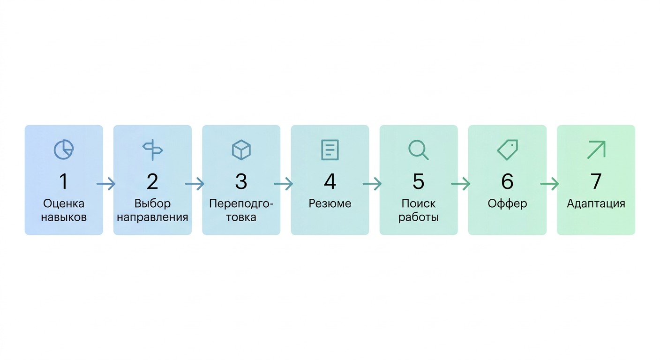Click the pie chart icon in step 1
[64, 150]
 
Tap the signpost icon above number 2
[152, 150]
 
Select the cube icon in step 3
[241, 150]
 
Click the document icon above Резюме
[330, 150]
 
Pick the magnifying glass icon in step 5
[419, 150]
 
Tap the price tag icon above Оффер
[507, 150]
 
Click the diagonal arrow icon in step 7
[596, 150]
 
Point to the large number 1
[64, 181]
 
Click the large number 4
[330, 181]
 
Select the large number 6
[507, 181]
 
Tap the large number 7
[596, 181]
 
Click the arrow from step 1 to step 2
[106, 184]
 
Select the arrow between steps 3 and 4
[284, 184]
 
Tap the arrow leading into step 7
[549, 184]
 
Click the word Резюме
[330, 203]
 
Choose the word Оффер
[507, 203]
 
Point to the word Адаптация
[596, 204]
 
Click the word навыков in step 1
[64, 217]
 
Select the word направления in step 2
[152, 217]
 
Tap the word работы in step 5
[419, 217]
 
